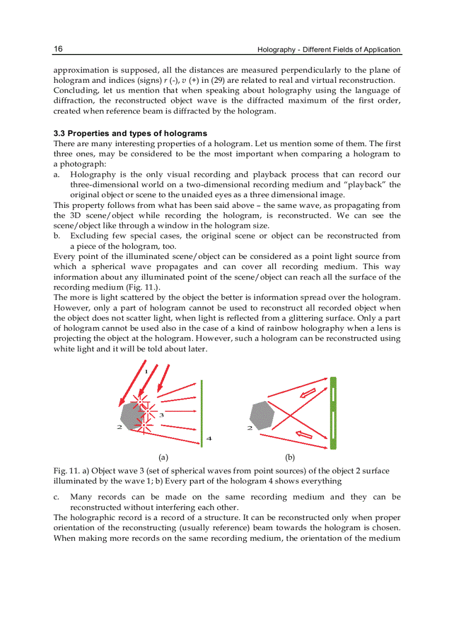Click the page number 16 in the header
point(58,49)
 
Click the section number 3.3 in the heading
point(60,133)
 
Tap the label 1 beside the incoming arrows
point(146,372)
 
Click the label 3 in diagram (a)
point(161,415)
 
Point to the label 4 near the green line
point(209,438)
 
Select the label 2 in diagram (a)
point(119,427)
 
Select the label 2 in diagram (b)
point(249,428)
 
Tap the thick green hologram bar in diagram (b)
point(333,413)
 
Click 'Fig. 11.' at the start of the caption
point(66,471)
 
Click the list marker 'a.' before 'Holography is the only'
point(57,174)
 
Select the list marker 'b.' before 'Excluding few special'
point(57,236)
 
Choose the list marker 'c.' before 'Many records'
point(57,497)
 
